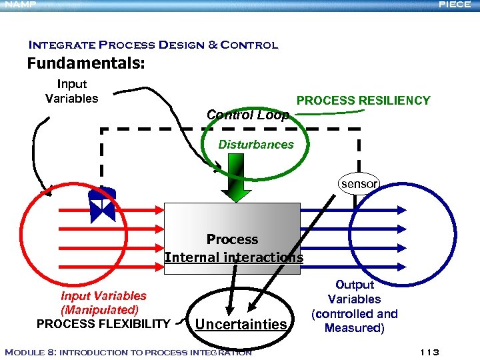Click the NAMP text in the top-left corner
pyautogui.click(x=18, y=5)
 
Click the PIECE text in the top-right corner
pyautogui.click(x=455, y=5)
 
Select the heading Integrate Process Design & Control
pyautogui.click(x=153, y=45)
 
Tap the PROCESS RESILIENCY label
pyautogui.click(x=363, y=101)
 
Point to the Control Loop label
pyautogui.click(x=247, y=115)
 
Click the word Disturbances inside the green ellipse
pyautogui.click(x=256, y=145)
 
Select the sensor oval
pyautogui.click(x=359, y=183)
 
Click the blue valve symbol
pyautogui.click(x=103, y=207)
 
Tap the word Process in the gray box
pyautogui.click(x=232, y=239)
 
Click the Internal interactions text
pyautogui.click(x=233, y=257)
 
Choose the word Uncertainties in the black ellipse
pyautogui.click(x=241, y=324)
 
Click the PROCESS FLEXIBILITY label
pyautogui.click(x=103, y=324)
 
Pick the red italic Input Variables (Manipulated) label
pyautogui.click(x=103, y=303)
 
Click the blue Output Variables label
pyautogui.click(x=354, y=306)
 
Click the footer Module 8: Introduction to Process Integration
pyautogui.click(x=128, y=352)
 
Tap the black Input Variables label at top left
pyautogui.click(x=71, y=91)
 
